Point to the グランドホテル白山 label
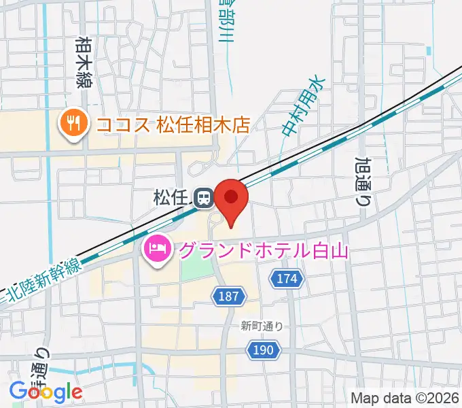pos(263,251)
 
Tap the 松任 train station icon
pos(202,199)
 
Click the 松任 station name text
pos(171,199)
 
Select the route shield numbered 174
pos(287,277)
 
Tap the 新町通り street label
pos(261,326)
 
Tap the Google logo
pos(46,392)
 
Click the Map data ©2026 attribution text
pos(404,398)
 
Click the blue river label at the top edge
pos(225,20)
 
